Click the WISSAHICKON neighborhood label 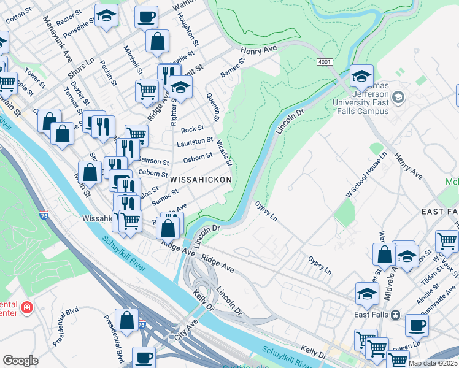click(201, 180)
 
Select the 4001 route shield click(325, 63)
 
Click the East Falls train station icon click(395, 315)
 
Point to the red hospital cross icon click(26, 307)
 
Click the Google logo click(20, 360)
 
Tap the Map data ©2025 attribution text click(433, 363)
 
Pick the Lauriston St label click(195, 142)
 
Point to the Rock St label click(192, 129)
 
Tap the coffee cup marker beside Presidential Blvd click(144, 357)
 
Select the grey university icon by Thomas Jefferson click(398, 98)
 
